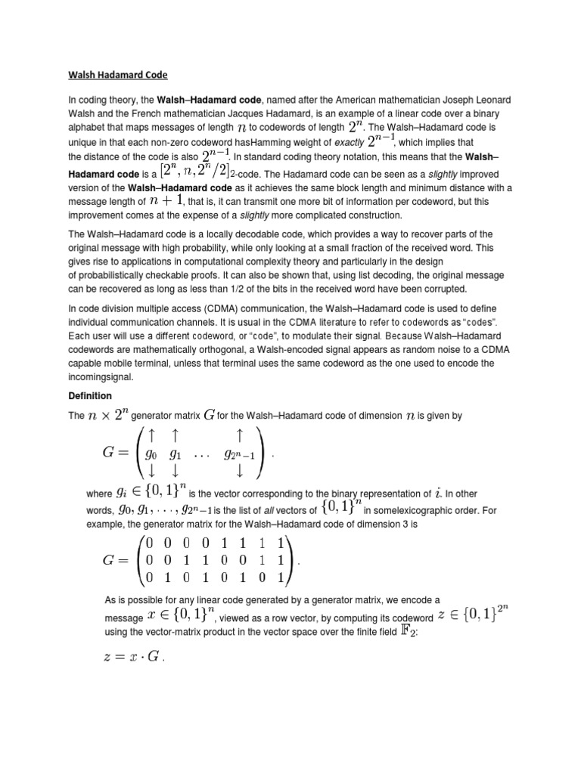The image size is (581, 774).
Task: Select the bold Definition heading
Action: click(x=90, y=395)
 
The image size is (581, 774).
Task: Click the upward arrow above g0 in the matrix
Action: click(x=153, y=435)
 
